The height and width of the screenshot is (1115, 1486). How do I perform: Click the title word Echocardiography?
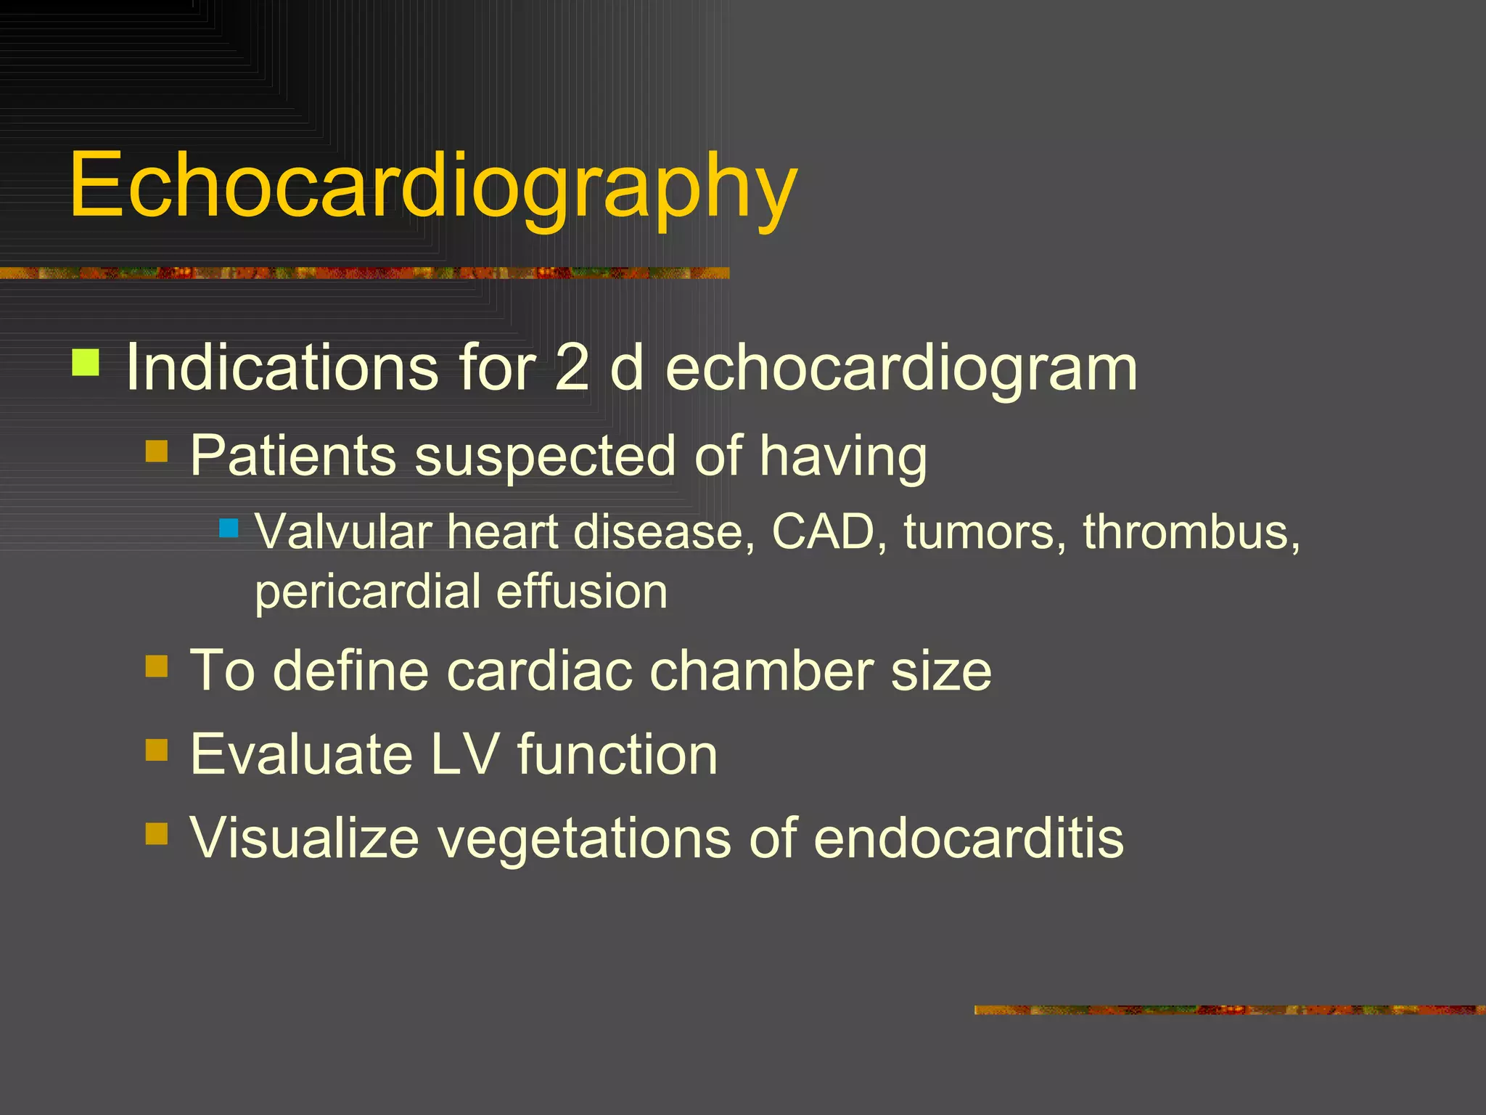point(433,185)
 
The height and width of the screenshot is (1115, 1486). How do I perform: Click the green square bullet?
point(86,362)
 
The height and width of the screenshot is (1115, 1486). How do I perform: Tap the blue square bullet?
point(229,528)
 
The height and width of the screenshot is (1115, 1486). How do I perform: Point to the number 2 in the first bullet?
point(572,367)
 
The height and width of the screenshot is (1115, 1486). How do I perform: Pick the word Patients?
point(292,456)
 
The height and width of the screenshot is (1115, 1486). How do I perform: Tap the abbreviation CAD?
point(824,532)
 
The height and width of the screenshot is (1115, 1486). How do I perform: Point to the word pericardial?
point(367,592)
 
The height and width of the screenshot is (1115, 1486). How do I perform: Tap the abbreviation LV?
point(464,754)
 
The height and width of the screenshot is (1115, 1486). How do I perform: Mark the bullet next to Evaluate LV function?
point(157,750)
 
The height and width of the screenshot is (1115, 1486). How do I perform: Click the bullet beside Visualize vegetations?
point(157,833)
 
